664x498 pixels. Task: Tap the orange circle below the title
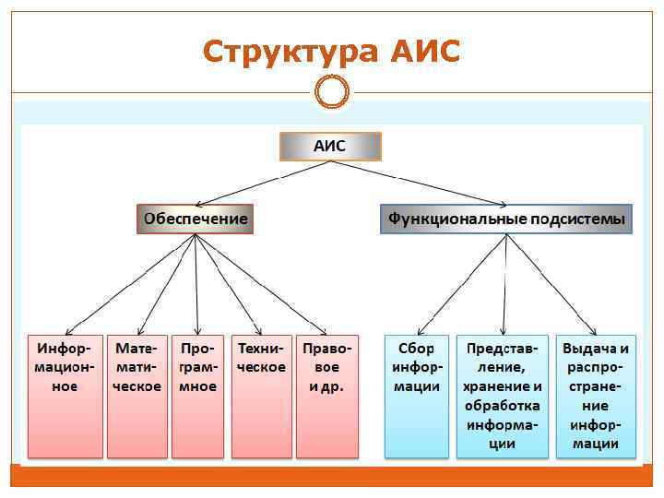click(332, 91)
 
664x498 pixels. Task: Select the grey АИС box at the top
click(330, 146)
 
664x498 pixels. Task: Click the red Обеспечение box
click(195, 219)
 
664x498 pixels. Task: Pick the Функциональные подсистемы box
click(506, 219)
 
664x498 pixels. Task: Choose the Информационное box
click(65, 396)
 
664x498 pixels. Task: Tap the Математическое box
click(137, 396)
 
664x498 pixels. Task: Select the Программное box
click(198, 396)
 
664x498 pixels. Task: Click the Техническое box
click(261, 396)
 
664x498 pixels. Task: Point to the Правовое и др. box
click(326, 396)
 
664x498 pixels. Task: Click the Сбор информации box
click(416, 396)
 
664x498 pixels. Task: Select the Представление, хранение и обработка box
click(503, 396)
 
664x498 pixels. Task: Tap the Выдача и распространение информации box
click(596, 396)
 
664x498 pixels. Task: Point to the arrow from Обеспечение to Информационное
click(129, 286)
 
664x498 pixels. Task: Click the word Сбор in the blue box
click(416, 349)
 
